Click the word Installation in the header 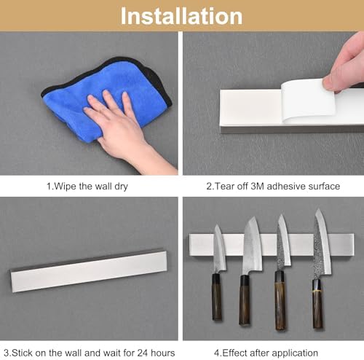tap(181, 16)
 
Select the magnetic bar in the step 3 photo tap(89, 270)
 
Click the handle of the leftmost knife tap(217, 297)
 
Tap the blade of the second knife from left tap(253, 246)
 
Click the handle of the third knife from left tap(280, 300)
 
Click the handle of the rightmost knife tap(317, 304)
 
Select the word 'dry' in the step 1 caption tap(121, 187)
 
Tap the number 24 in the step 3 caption tap(143, 353)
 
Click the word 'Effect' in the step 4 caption tap(234, 353)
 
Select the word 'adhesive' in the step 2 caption tap(286, 187)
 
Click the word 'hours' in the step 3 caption tap(162, 353)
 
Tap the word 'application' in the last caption tap(295, 353)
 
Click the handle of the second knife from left tap(245, 300)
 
